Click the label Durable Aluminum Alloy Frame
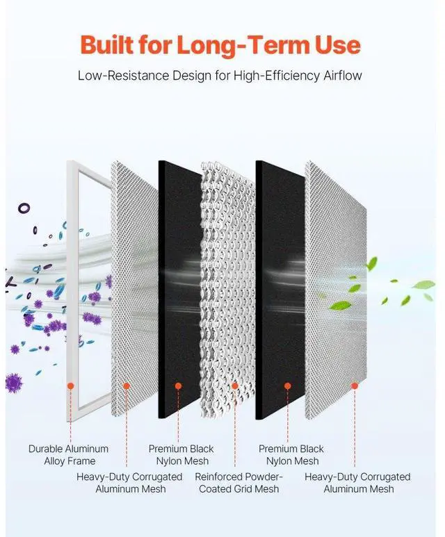pos(68,454)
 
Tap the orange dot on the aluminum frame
pos(70,385)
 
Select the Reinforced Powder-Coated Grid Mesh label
pos(238,482)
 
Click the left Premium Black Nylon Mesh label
pos(181,454)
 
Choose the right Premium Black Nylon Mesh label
pos(291,454)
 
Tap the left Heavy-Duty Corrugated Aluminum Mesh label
pos(129,482)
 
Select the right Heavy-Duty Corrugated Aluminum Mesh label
pos(357,482)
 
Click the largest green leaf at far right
pos(422,285)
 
